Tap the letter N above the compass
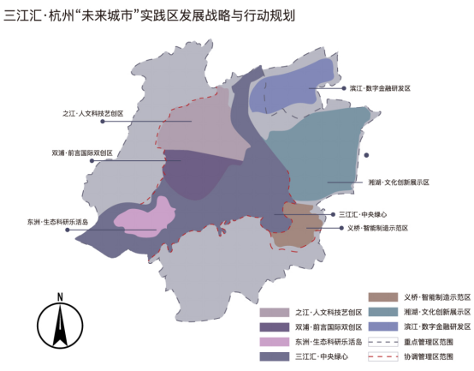pyautogui.click(x=59, y=296)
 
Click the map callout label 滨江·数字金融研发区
pyautogui.click(x=380, y=88)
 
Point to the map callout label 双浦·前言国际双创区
pyautogui.click(x=82, y=153)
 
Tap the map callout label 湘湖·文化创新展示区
pyautogui.click(x=398, y=183)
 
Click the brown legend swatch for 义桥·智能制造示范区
pyautogui.click(x=382, y=296)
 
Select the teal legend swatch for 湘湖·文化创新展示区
pyautogui.click(x=382, y=311)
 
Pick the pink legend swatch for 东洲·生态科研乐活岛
pyautogui.click(x=275, y=341)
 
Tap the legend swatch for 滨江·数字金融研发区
pyautogui.click(x=382, y=326)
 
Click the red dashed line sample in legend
pyautogui.click(x=382, y=355)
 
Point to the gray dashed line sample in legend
pyautogui.click(x=382, y=340)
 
